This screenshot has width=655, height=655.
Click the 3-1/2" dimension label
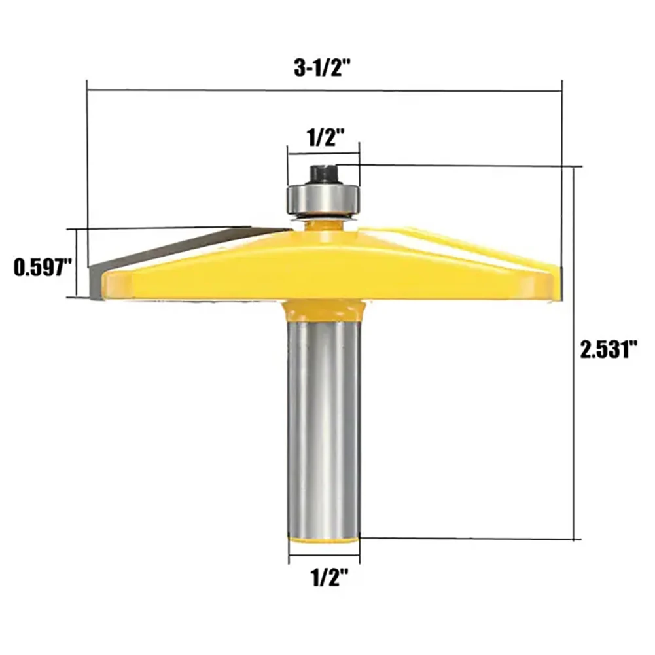[321, 68]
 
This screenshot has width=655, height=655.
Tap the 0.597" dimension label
[43, 268]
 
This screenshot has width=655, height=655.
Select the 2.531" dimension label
[609, 349]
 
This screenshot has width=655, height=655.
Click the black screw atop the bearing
[323, 175]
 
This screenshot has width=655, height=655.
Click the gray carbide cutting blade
[180, 255]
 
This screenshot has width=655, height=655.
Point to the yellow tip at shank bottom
[324, 539]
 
